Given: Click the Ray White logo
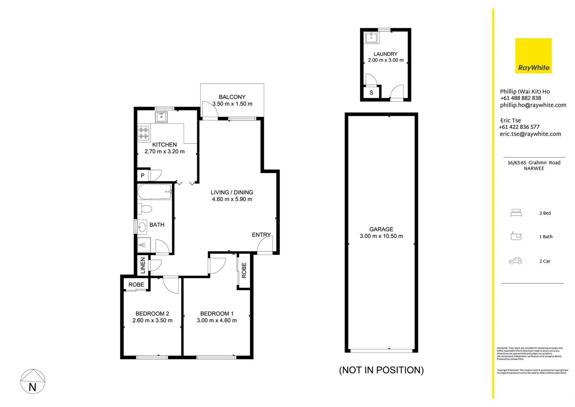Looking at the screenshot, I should click(x=533, y=55).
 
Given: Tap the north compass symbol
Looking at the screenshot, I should click(x=33, y=381).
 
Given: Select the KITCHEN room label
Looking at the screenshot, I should click(x=164, y=145).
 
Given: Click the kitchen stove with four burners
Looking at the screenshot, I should click(x=143, y=133).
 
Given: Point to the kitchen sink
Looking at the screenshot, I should click(x=161, y=117).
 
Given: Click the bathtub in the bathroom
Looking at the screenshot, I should click(x=155, y=192).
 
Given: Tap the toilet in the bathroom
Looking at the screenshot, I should click(x=145, y=209).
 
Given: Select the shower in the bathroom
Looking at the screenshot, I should click(x=144, y=245).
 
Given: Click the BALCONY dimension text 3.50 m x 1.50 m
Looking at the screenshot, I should click(x=232, y=104).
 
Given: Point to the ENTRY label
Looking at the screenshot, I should click(x=261, y=235).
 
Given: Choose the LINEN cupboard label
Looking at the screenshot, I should click(x=143, y=265).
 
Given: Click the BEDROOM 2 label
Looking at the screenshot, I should click(x=152, y=314).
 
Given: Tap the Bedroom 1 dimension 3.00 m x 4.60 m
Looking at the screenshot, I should click(x=217, y=321).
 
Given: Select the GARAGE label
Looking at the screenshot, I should click(x=381, y=229).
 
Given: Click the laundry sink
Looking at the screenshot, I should click(x=372, y=38).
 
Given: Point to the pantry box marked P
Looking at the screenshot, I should click(x=143, y=176).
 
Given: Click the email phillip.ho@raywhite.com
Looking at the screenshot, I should click(x=533, y=105).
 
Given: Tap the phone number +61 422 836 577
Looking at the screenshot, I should click(x=519, y=127).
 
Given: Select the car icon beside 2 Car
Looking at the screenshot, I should click(x=516, y=261).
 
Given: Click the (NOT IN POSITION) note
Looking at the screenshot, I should click(x=381, y=370).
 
